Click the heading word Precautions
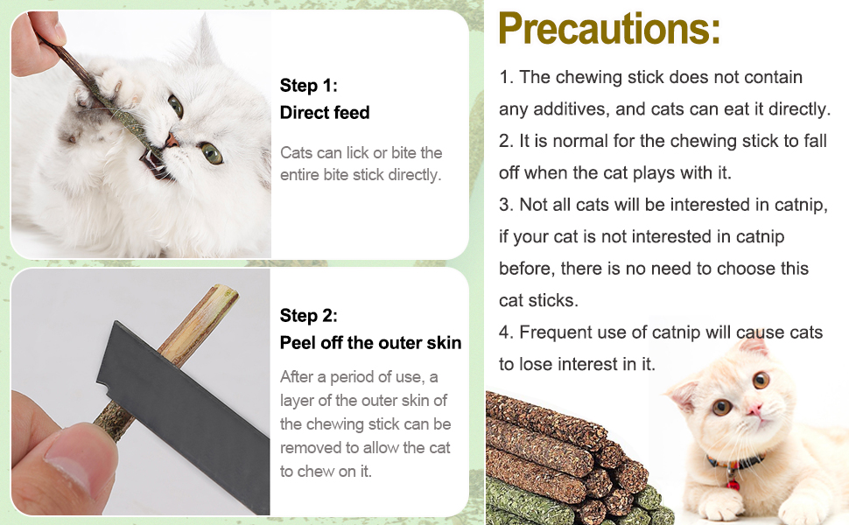pos(609,29)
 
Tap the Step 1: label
pos(308,86)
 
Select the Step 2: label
pos(308,316)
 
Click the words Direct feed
pos(325,113)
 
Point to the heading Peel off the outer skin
pos(370,343)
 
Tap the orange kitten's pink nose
pos(752,410)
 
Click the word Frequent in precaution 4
pos(558,332)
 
